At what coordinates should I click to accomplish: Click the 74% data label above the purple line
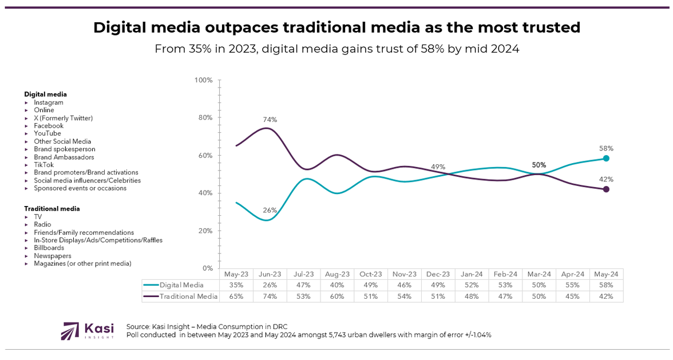(270, 120)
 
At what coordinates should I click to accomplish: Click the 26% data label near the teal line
(270, 209)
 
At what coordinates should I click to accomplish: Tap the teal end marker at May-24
(606, 159)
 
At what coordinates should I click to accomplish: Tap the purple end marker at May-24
(606, 189)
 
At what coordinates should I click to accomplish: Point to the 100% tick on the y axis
(204, 80)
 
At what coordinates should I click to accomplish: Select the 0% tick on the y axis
(207, 268)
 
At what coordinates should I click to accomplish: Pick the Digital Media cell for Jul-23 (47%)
(304, 284)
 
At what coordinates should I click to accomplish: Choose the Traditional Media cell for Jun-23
(270, 296)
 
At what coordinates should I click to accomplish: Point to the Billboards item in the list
(49, 248)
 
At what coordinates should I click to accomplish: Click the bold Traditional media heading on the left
(52, 209)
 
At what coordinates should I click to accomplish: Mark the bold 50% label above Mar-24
(539, 165)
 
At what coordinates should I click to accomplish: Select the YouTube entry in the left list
(47, 133)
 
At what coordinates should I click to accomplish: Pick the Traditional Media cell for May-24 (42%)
(606, 296)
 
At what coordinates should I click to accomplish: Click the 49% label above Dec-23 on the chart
(438, 167)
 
